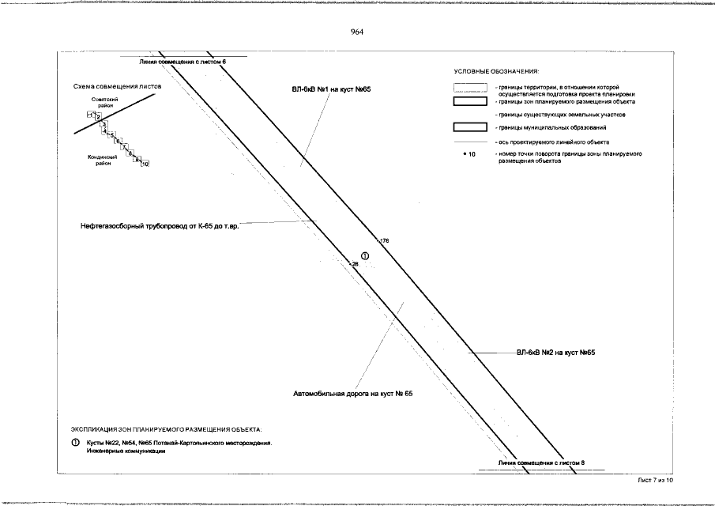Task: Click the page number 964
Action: [356, 32]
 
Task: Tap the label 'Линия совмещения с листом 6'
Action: [183, 61]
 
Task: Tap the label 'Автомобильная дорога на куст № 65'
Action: [353, 393]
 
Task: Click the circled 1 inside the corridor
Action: [365, 255]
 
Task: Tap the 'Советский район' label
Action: [105, 102]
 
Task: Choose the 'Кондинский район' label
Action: [102, 160]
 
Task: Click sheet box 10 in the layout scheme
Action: [145, 164]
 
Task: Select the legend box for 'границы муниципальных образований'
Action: [469, 127]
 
